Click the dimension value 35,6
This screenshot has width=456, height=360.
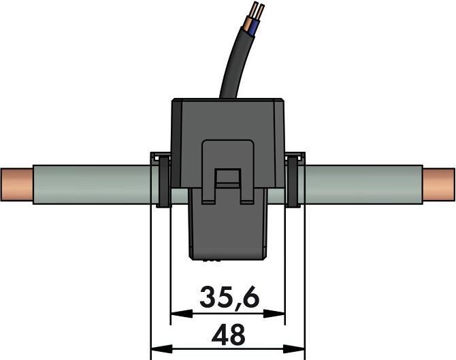227,297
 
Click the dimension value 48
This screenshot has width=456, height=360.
227,335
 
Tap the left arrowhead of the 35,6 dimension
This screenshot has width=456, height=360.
176,314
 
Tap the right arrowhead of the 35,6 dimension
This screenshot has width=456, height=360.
278,314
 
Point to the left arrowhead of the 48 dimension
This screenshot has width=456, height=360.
156,350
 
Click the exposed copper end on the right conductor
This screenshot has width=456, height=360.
438,184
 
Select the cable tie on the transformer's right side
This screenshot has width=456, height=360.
295,180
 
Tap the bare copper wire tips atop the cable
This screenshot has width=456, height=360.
255,10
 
